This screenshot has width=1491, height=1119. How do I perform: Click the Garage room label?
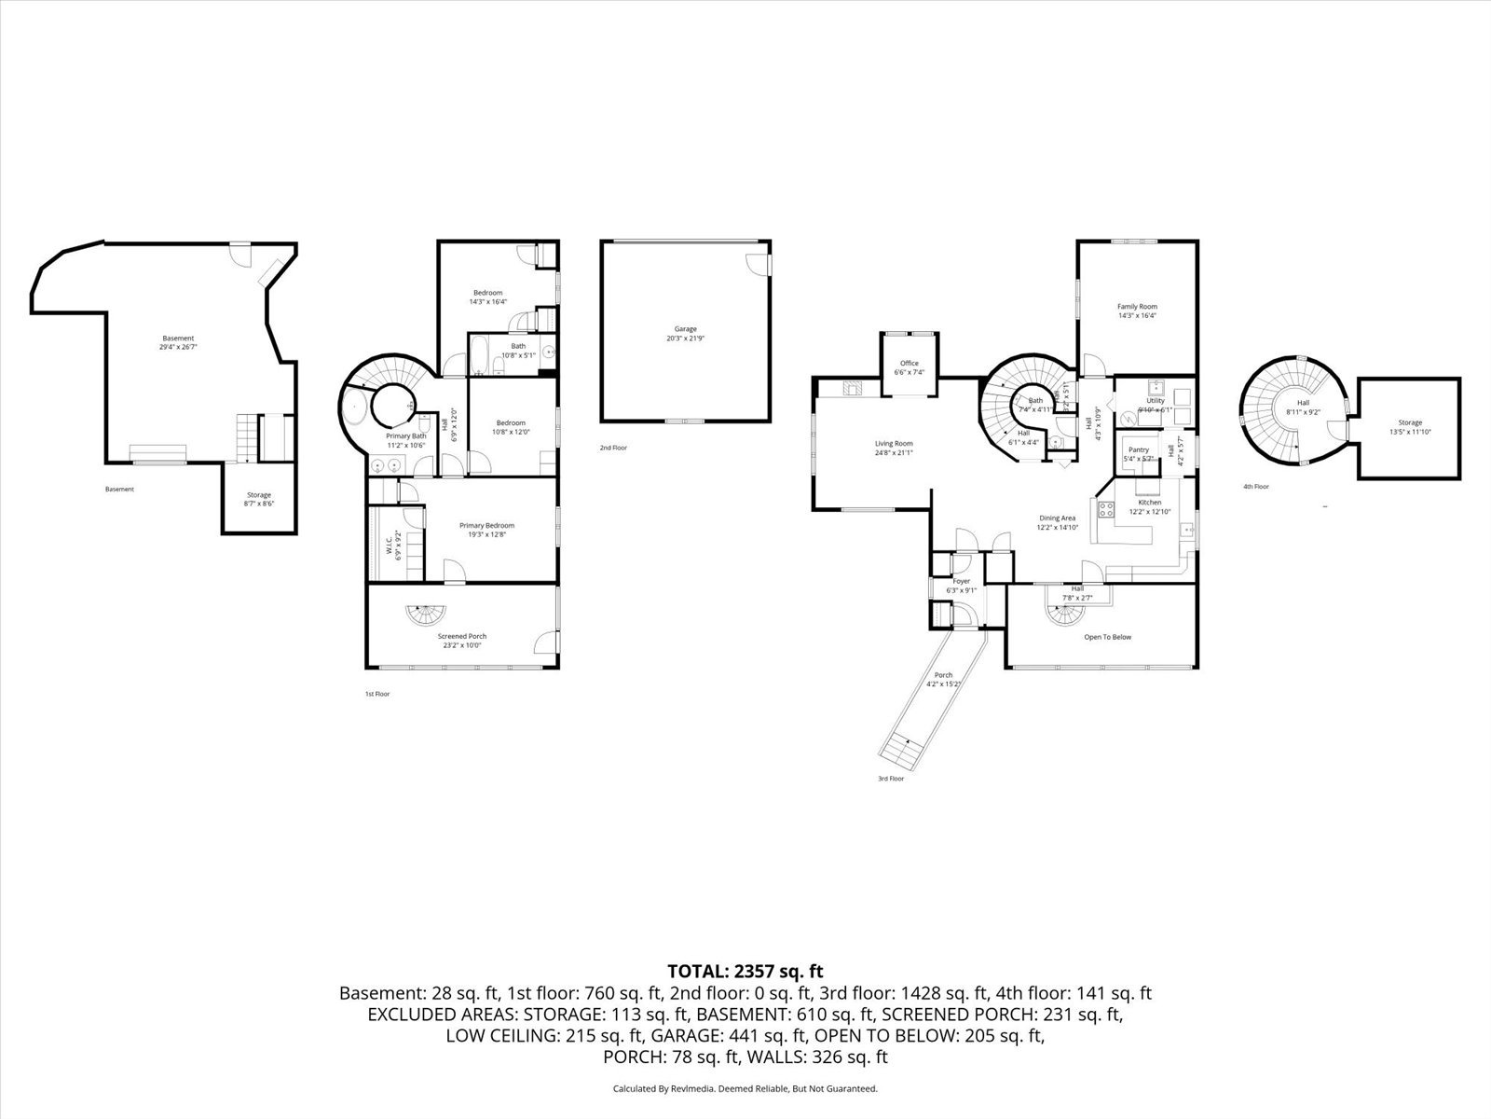(x=686, y=329)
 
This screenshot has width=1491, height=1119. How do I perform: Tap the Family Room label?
(x=1137, y=307)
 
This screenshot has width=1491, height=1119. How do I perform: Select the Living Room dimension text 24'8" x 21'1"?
(x=893, y=453)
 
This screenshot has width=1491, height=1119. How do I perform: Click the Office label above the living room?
(x=909, y=364)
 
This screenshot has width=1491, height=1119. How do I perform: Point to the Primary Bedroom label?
(x=486, y=525)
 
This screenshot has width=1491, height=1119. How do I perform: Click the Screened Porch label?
(x=463, y=636)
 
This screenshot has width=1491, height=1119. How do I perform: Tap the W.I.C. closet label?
(x=390, y=544)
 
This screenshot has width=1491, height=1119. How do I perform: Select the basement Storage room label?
(x=258, y=495)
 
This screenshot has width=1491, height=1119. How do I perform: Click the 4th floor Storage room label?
(x=1409, y=422)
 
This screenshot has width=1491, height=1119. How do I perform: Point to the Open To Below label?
(x=1107, y=638)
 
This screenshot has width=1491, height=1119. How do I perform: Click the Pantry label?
(x=1138, y=449)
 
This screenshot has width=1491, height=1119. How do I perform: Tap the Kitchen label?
(x=1149, y=503)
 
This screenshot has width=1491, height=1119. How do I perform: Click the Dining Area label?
(x=1057, y=518)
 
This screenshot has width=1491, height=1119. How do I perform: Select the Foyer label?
(x=961, y=581)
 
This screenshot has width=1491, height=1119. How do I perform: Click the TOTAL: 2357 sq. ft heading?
(x=745, y=972)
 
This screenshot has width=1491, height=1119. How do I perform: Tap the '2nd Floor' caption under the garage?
(x=613, y=449)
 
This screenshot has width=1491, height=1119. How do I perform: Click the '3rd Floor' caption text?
(x=890, y=779)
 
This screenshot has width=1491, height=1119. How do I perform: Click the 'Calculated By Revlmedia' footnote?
(x=745, y=1088)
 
